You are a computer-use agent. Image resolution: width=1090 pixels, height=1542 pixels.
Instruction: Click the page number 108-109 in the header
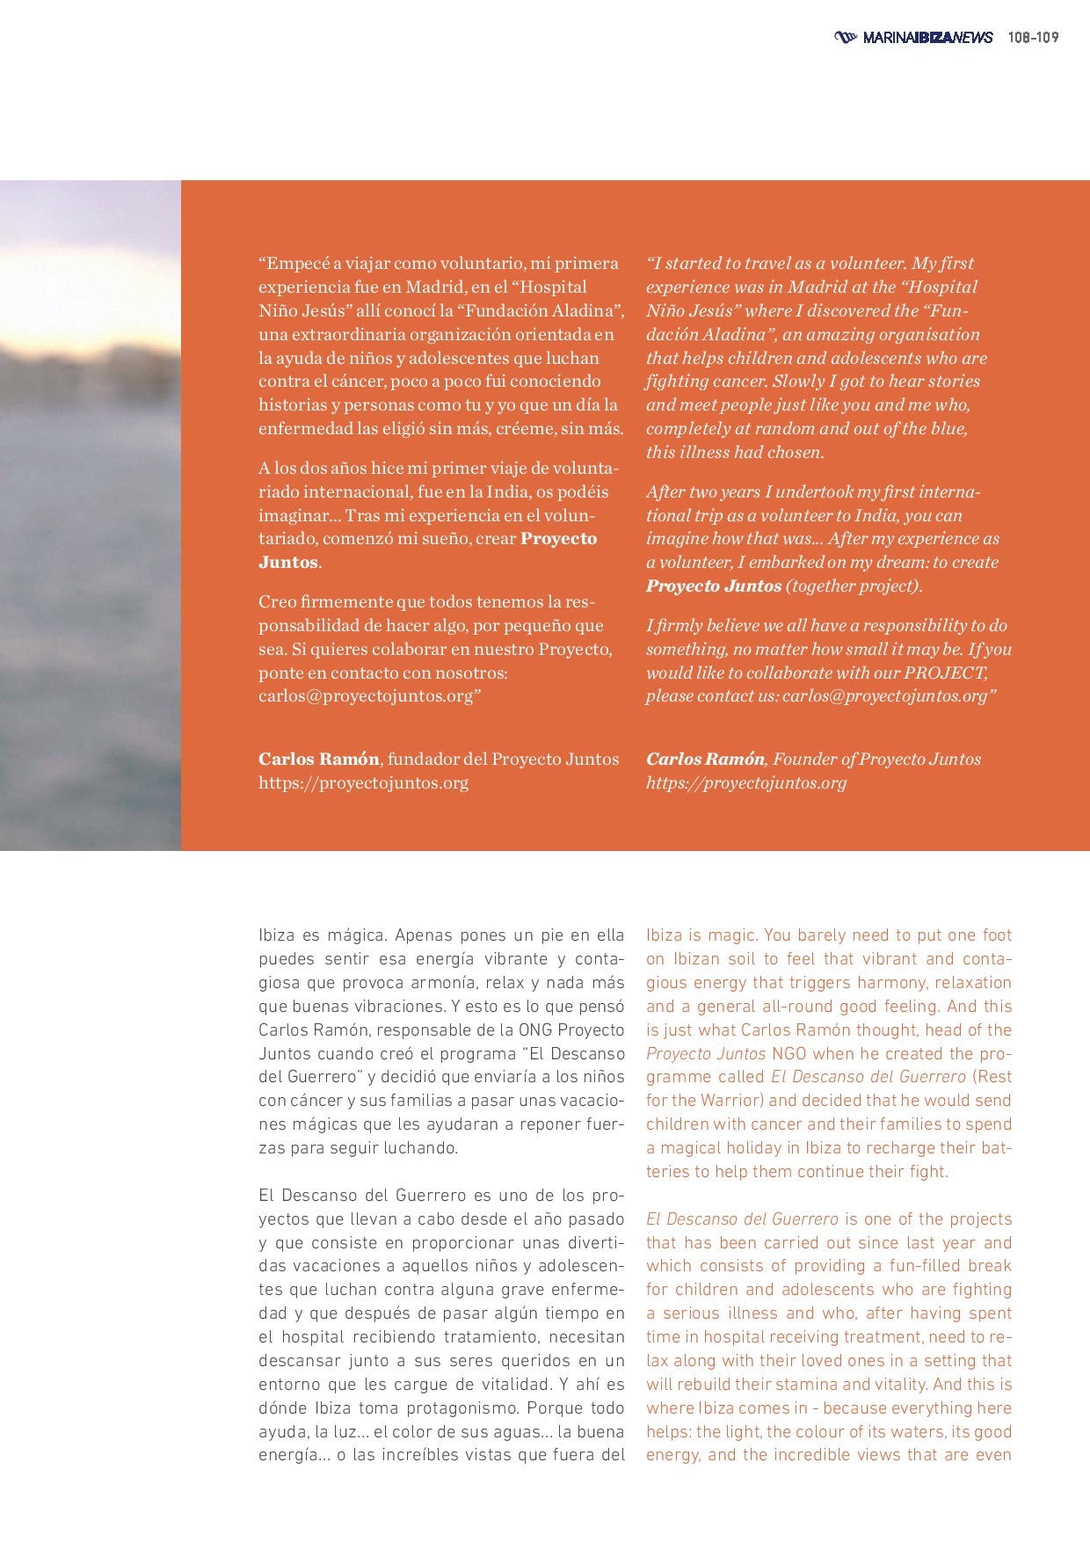point(1033,37)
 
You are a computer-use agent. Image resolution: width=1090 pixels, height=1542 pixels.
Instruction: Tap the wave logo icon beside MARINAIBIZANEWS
point(845,37)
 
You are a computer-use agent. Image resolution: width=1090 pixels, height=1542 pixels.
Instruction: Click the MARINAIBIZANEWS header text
point(927,37)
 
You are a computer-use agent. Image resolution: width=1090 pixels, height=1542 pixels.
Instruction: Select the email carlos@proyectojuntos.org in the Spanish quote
point(366,696)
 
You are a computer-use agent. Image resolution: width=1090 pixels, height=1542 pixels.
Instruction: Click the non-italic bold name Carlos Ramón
point(319,760)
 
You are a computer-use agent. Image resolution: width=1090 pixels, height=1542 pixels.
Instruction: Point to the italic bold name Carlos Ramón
point(705,760)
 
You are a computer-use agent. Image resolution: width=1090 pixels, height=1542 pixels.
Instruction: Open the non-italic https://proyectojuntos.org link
point(363,783)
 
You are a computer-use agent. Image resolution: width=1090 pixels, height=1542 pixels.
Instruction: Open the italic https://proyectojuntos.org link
point(746,783)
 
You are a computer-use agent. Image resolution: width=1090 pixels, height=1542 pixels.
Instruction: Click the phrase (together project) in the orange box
point(853,586)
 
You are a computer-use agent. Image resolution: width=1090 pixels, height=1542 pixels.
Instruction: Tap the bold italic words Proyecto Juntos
point(714,586)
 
